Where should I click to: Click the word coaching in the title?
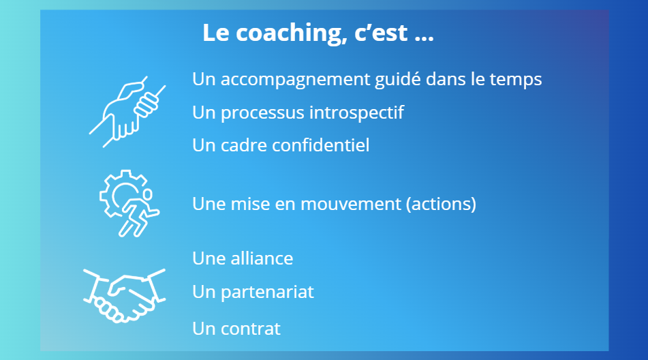point(292,33)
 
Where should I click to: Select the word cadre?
point(243,145)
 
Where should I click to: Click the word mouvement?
point(350,204)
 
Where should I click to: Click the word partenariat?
point(267,292)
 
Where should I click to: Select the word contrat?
point(251,329)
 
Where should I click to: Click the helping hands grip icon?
point(127,112)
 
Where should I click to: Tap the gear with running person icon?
point(129,203)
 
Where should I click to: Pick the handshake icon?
point(124,295)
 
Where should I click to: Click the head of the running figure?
point(147,194)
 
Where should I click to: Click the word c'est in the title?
point(381,33)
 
